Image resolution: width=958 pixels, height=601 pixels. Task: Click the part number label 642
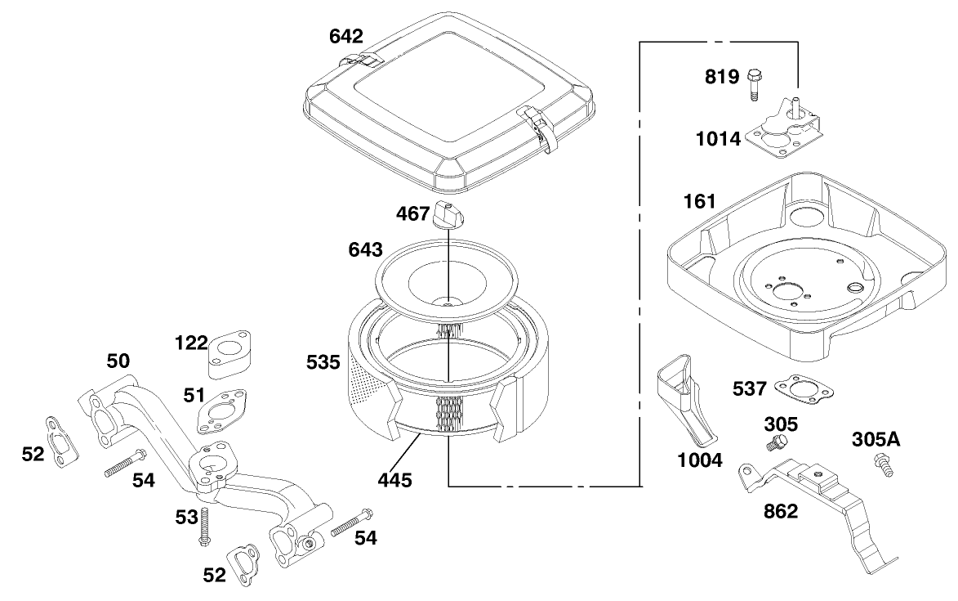(x=347, y=37)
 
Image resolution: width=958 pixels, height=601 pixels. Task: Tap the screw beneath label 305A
(x=883, y=465)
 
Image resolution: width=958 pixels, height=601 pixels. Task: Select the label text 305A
(x=876, y=439)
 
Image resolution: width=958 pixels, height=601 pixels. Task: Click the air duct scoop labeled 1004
(x=683, y=401)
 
